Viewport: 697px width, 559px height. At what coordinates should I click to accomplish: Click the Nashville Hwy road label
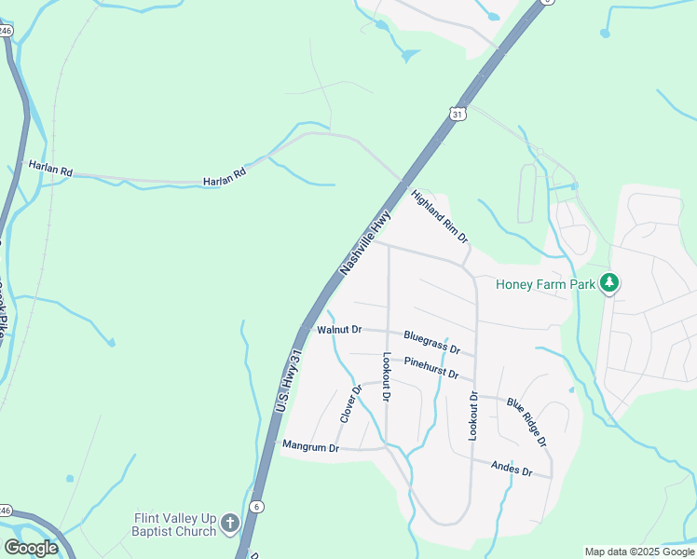click(x=365, y=241)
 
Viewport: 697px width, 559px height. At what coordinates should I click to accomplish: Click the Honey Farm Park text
click(x=545, y=284)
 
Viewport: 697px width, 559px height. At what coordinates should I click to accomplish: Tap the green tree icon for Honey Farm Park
click(x=609, y=281)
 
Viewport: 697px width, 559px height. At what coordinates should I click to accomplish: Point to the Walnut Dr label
click(x=337, y=330)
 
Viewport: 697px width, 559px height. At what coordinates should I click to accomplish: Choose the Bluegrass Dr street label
click(x=432, y=342)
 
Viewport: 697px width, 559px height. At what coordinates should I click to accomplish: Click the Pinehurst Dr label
click(x=431, y=366)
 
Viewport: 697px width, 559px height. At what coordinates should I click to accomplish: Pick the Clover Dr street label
click(x=350, y=404)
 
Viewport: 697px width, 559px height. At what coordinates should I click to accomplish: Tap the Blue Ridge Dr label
click(x=526, y=421)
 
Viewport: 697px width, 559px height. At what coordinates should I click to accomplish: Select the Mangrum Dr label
click(x=310, y=447)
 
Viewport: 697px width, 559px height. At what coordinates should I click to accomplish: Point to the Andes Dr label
click(x=511, y=469)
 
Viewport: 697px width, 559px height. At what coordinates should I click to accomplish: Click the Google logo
click(x=31, y=547)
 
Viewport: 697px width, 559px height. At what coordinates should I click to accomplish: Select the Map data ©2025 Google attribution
click(x=639, y=552)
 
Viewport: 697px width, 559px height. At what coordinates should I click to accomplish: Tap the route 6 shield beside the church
click(x=258, y=505)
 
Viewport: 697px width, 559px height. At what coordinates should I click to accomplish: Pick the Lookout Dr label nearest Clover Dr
click(x=387, y=377)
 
